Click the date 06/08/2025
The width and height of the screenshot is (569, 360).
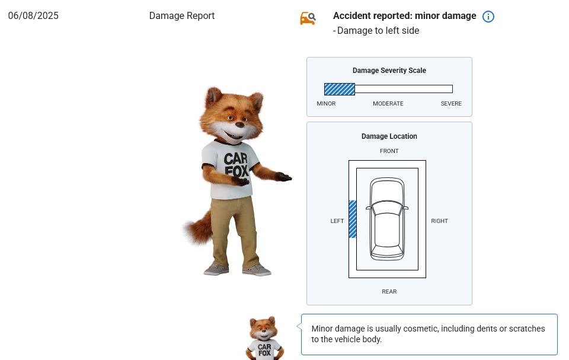(33, 16)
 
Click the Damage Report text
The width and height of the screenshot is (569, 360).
(182, 16)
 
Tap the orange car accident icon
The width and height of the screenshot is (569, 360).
(308, 18)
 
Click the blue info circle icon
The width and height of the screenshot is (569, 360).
(488, 17)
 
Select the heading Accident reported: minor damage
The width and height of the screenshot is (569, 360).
(404, 16)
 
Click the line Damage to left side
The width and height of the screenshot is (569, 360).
(376, 31)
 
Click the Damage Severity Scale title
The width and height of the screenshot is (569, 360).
(389, 71)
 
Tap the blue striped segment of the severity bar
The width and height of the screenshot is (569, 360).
(339, 89)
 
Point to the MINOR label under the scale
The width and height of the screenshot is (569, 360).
(326, 104)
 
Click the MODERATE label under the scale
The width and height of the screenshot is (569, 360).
(388, 104)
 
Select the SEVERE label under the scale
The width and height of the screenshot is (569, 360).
(451, 104)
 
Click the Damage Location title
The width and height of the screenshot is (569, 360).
(389, 136)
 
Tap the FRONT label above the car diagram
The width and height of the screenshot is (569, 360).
(389, 151)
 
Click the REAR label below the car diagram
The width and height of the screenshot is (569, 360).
(389, 292)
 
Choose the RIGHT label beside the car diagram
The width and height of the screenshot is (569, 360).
(439, 221)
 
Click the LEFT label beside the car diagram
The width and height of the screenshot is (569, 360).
(337, 221)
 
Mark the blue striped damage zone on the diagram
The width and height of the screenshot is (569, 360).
(352, 219)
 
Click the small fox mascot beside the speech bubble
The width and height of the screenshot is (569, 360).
(264, 339)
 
